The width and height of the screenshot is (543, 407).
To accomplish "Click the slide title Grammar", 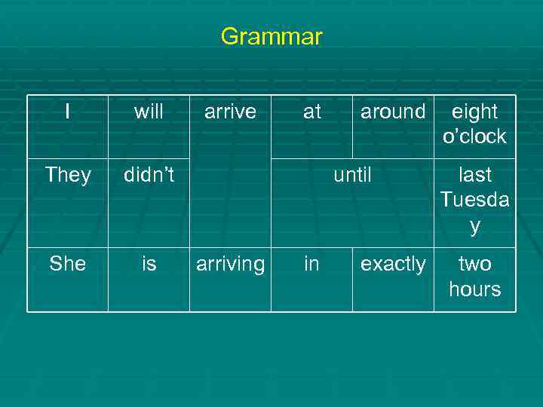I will point(271,36).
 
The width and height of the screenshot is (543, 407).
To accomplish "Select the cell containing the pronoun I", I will point(68,112).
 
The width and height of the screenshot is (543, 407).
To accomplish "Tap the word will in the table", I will point(149,112).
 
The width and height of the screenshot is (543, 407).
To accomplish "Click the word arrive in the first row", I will point(230,112).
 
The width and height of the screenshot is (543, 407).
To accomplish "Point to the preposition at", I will point(311,112).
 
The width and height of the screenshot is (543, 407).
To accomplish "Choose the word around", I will point(393,112).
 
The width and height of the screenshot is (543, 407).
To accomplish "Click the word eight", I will point(474,112).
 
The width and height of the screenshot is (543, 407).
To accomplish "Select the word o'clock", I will point(474,136).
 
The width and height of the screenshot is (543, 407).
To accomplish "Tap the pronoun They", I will point(68,175).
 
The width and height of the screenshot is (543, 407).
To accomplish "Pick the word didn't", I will point(149,175).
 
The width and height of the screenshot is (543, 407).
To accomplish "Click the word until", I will point(352,175).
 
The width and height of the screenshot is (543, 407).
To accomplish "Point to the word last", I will point(474,175).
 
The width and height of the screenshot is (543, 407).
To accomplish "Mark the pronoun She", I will point(68,264).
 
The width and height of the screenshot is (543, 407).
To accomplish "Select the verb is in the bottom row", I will point(149,264).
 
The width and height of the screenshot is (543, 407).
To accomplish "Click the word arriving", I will point(230,265).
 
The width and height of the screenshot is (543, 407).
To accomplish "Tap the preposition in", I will point(311,264).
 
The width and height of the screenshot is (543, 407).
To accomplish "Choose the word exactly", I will point(393,265).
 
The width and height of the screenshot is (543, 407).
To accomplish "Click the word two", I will point(474,264).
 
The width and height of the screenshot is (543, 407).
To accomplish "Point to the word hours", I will point(474,289).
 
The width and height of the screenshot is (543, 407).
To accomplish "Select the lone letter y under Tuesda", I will point(474,226).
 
